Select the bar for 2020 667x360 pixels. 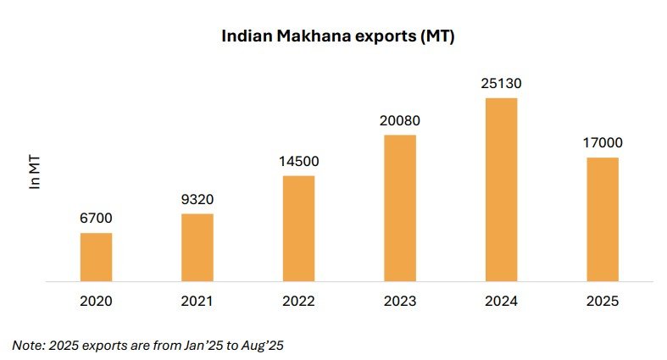click(x=96, y=257)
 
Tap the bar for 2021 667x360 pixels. click(x=197, y=247)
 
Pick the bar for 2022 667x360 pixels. click(x=298, y=228)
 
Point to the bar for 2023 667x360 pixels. click(x=400, y=208)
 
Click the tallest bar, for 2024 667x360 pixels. click(x=501, y=189)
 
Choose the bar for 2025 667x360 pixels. click(x=603, y=219)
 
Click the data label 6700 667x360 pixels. click(x=96, y=219)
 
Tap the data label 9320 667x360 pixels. click(x=197, y=200)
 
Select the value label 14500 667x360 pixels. click(x=298, y=162)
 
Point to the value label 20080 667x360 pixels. click(x=400, y=121)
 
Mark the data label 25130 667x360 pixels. click(x=501, y=84)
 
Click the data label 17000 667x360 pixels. click(x=603, y=143)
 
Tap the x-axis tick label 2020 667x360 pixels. click(x=96, y=301)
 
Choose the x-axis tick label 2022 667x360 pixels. click(x=298, y=301)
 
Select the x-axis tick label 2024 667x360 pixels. click(x=501, y=301)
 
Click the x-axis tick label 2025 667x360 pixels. click(x=603, y=301)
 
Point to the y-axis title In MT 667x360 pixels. click(x=35, y=171)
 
